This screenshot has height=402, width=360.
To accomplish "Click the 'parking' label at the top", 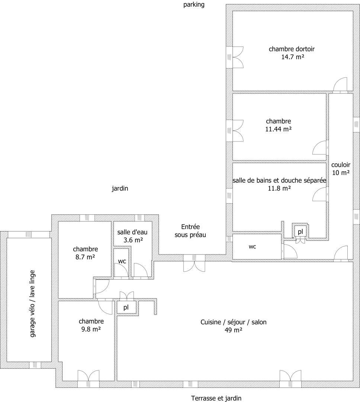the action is pos(194,4).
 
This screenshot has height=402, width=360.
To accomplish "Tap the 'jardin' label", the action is pos(120,188).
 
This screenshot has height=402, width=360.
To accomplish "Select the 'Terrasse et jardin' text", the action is pos(216,398).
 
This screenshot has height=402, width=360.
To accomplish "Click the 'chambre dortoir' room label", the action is pos(292,49).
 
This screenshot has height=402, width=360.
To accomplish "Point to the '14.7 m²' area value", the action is pos(293,57).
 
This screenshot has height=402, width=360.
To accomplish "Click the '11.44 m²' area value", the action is pos(279,129).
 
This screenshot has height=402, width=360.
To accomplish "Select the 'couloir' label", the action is pos(341,165).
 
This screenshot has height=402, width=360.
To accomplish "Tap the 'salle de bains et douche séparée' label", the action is pos(279,181).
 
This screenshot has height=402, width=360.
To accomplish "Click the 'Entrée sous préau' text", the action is pos(190,231).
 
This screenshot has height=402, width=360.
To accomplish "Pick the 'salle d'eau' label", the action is pos(132,232).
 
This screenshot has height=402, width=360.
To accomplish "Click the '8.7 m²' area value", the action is pos(85,257).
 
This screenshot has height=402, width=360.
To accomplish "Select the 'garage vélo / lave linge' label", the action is pos(32,304).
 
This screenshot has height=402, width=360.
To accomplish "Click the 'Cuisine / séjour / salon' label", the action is pos(234,322).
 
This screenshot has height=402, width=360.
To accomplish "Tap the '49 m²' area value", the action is pos(234,330).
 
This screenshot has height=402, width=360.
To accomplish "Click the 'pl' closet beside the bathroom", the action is pos(300,232).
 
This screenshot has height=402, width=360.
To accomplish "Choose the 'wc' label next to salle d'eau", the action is pos(122,261).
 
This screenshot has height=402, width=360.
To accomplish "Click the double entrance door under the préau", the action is pos(194,263).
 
